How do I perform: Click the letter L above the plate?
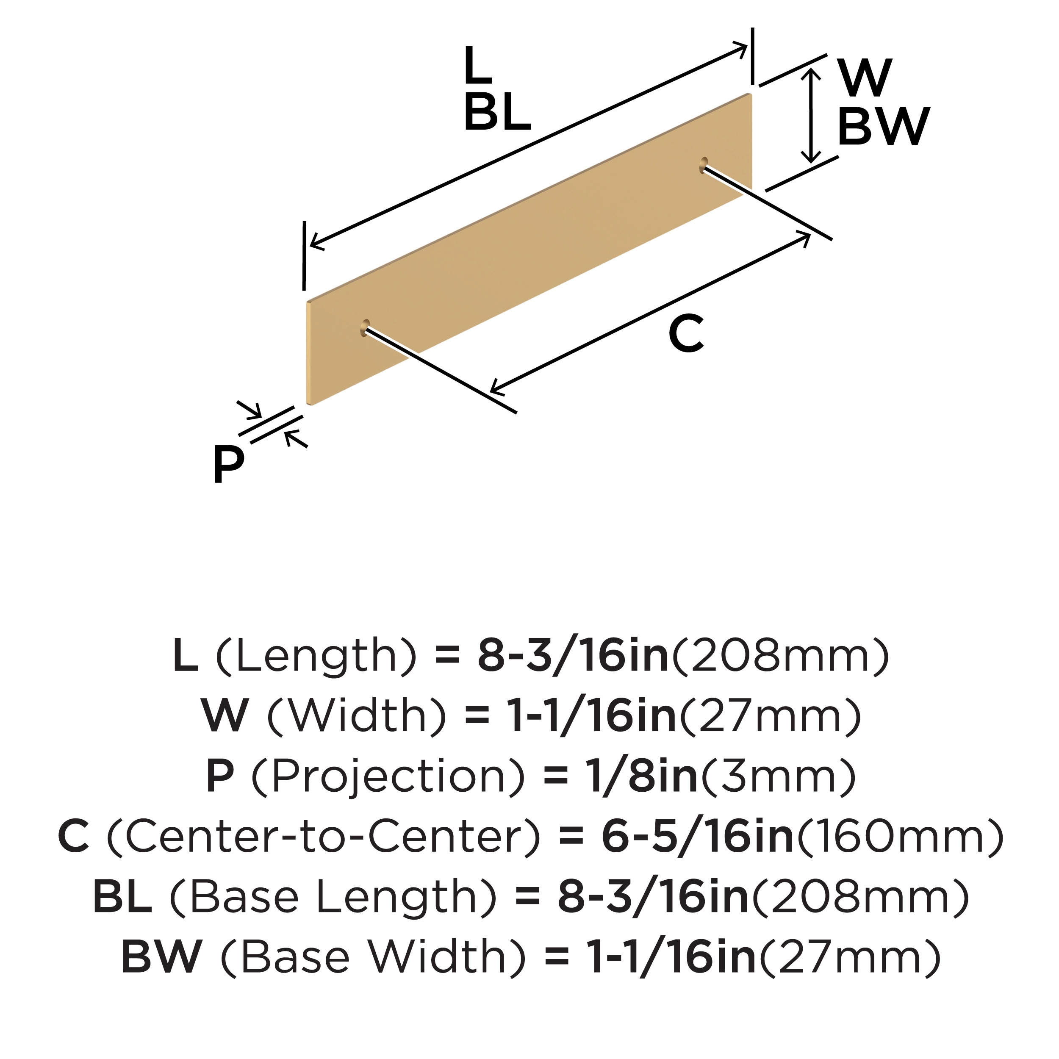tap(477, 65)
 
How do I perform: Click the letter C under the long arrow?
tap(686, 334)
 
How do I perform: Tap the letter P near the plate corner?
tap(228, 464)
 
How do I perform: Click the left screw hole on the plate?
tap(365, 328)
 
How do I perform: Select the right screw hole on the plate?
tap(703, 164)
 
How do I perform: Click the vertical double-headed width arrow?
tap(811, 116)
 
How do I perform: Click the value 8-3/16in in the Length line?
tap(573, 656)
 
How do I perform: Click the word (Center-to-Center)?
tap(323, 837)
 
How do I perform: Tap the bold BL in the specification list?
tap(122, 897)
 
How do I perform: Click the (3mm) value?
tap(778, 777)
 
